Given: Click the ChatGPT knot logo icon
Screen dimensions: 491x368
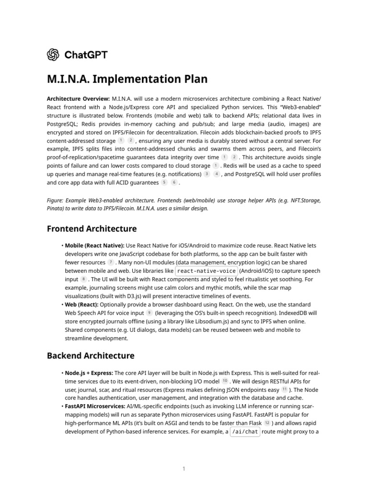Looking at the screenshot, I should tap(53, 55).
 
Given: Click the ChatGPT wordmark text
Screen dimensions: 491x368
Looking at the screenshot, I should tap(86, 55).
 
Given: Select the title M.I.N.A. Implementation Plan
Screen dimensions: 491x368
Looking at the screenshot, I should tap(127, 79).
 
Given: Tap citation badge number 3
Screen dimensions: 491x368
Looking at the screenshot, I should tap(207, 174).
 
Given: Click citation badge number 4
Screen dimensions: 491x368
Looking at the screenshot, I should tap(217, 174).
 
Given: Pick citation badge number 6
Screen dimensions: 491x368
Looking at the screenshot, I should tap(174, 183).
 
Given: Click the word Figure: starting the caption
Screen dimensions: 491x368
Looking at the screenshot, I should tap(57, 200).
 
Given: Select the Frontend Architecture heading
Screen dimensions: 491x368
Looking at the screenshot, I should tap(92, 229).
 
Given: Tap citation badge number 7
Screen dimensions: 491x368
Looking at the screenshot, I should tap(111, 262).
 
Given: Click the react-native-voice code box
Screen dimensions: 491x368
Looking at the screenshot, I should tap(207, 271).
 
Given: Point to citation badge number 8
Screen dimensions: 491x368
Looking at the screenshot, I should tap(84, 279).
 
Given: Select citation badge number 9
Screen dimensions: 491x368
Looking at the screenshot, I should tap(149, 313).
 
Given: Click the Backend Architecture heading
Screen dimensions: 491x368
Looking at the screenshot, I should tap(91, 356).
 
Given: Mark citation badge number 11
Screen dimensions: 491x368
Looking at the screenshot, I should tap(285, 389).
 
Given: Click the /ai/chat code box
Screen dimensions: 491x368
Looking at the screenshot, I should tap(245, 432).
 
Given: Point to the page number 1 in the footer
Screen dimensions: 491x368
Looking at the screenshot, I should tap(184, 468).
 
